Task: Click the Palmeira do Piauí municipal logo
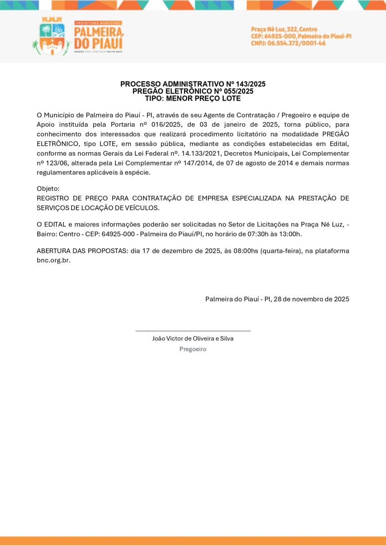tap(77, 36)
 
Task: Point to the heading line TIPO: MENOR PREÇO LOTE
tap(193, 98)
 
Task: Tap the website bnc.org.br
tap(53, 261)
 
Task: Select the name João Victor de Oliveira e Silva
tap(193, 339)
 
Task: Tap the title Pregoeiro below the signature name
tap(193, 349)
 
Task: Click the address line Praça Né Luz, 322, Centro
tap(284, 29)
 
